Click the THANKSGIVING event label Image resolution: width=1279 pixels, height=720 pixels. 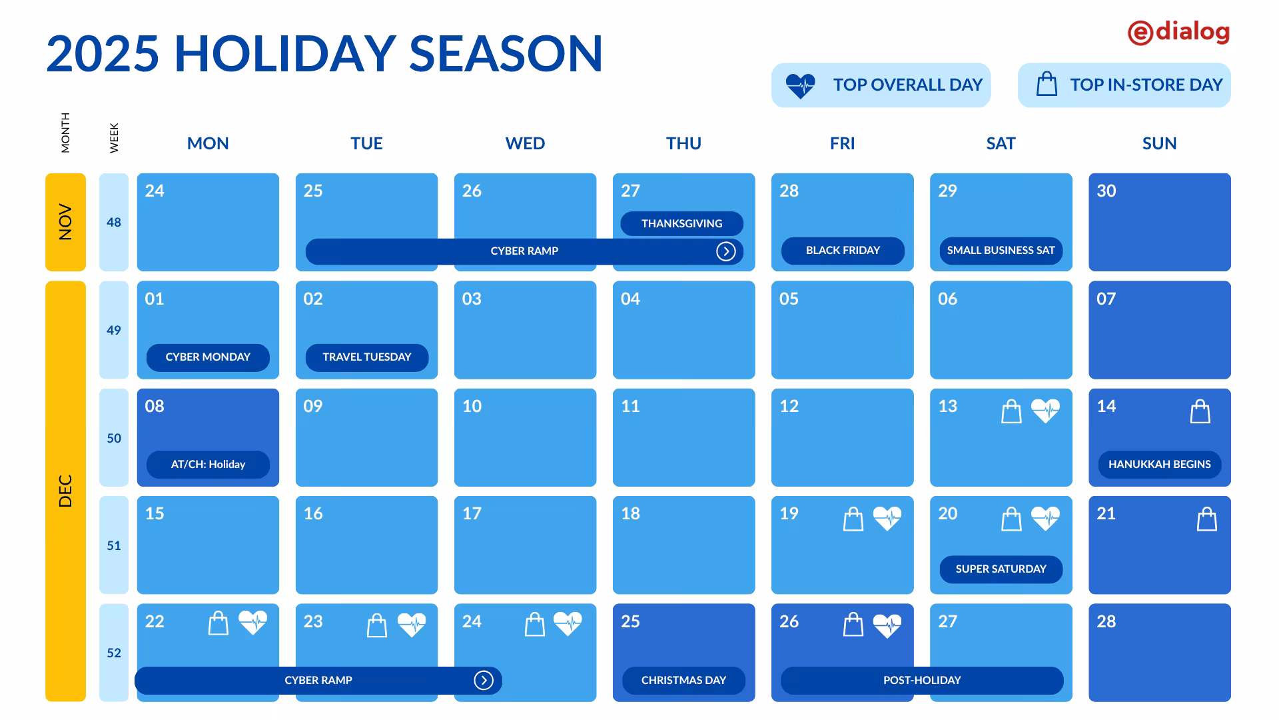[681, 223]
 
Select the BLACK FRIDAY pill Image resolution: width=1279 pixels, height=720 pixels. [843, 251]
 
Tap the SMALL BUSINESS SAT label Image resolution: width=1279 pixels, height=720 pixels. [1001, 251]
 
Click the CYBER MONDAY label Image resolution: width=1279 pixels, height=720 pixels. [208, 357]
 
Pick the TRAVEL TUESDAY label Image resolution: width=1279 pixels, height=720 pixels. [366, 357]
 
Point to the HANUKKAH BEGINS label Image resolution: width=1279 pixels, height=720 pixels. [1159, 465]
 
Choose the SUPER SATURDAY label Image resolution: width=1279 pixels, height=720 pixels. [1001, 569]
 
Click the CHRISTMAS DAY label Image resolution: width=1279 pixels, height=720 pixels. [683, 681]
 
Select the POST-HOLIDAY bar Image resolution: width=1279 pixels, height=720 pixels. [922, 681]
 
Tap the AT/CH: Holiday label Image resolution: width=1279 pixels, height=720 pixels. [208, 465]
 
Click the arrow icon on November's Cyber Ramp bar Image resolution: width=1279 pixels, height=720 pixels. [725, 251]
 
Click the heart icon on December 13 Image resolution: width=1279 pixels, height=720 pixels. [1045, 411]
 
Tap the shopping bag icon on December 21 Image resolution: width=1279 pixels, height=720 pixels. [1206, 519]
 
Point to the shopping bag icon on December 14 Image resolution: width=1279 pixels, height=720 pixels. [1200, 411]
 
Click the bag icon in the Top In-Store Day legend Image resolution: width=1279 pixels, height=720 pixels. [1047, 84]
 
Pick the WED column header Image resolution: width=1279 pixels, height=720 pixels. [525, 143]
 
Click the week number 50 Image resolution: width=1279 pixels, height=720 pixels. [114, 438]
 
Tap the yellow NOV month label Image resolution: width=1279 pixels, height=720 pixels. [65, 222]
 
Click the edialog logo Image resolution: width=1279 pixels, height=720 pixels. [1178, 32]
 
